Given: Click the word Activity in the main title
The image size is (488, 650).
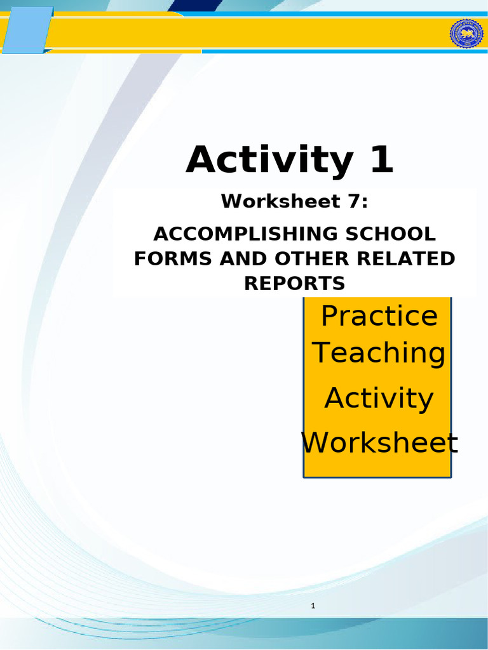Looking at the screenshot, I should (x=268, y=161).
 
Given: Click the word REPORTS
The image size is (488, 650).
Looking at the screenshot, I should (x=295, y=284).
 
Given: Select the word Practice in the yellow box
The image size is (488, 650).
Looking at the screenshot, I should (x=379, y=316).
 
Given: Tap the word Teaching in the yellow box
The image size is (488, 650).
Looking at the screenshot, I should (x=379, y=353).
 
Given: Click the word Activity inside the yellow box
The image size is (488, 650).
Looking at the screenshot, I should (x=379, y=398).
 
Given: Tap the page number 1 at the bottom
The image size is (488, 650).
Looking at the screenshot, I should (x=313, y=606).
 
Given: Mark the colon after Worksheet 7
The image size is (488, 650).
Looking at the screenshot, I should (x=365, y=203).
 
